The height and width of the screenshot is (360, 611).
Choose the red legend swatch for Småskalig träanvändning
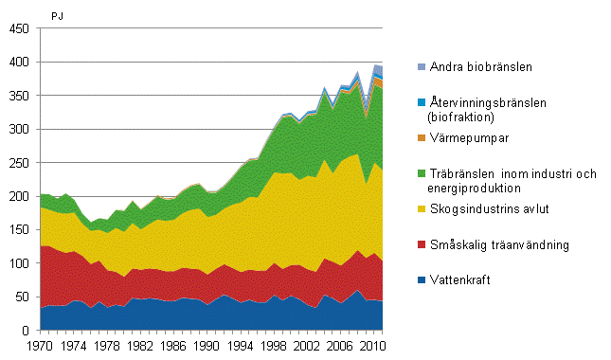(x=422, y=244)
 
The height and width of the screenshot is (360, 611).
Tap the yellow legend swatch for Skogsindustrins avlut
(x=422, y=210)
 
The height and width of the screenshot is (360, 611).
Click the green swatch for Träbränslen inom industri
(x=422, y=172)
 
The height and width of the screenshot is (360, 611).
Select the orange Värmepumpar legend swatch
(x=422, y=138)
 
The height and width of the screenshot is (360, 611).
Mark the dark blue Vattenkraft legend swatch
(x=422, y=279)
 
